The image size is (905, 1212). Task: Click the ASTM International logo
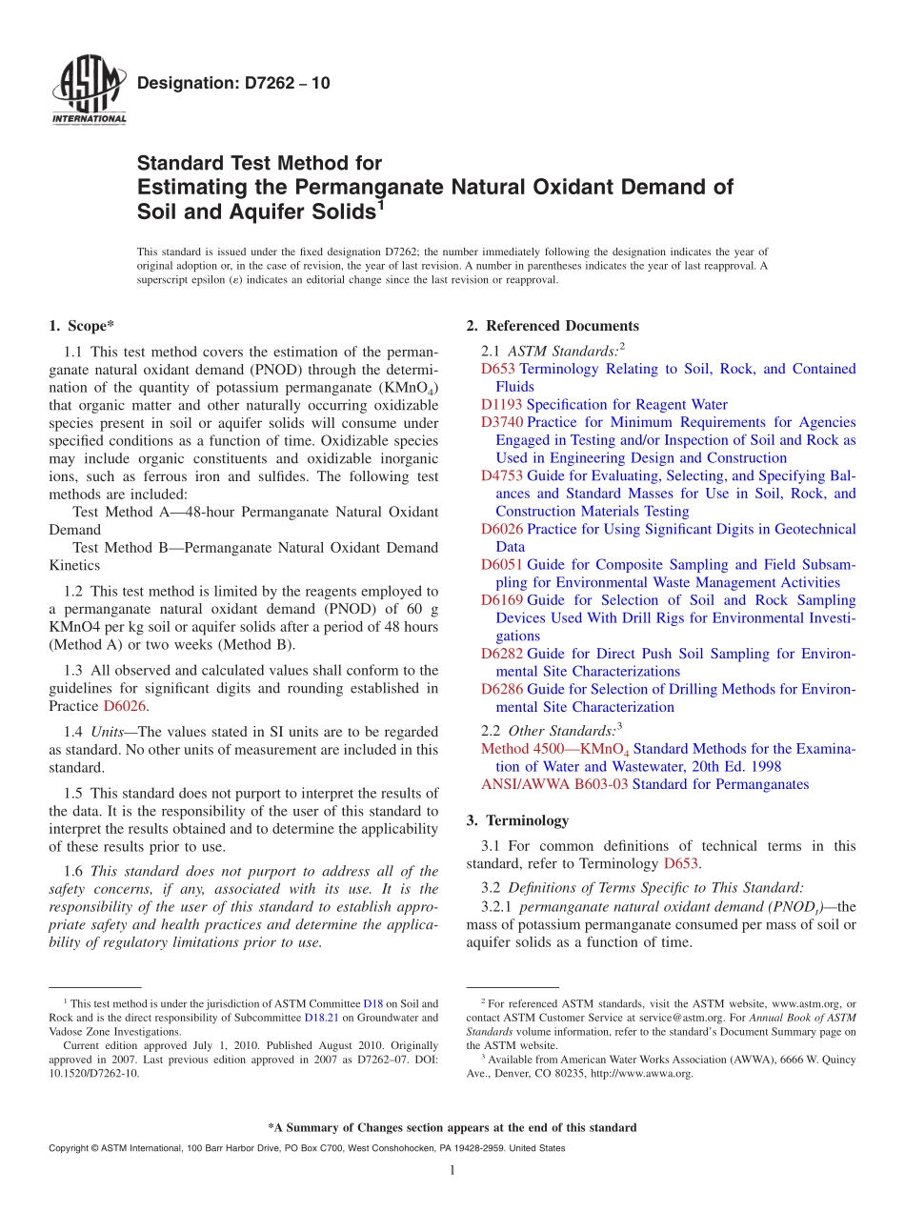[89, 91]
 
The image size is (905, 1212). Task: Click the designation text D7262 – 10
[233, 84]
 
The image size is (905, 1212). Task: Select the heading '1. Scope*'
[82, 326]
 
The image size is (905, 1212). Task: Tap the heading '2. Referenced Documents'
[553, 326]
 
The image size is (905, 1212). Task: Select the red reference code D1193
[501, 404]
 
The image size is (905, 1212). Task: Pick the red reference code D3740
[501, 422]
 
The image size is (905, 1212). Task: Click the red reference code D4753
[501, 475]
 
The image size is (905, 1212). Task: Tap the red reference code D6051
[501, 565]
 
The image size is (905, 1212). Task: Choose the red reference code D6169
[501, 600]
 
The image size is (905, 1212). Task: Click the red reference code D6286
[501, 689]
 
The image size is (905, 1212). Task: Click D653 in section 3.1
[681, 864]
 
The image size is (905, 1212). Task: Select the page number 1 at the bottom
[452, 1170]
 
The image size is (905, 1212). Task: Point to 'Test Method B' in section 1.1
[118, 548]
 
